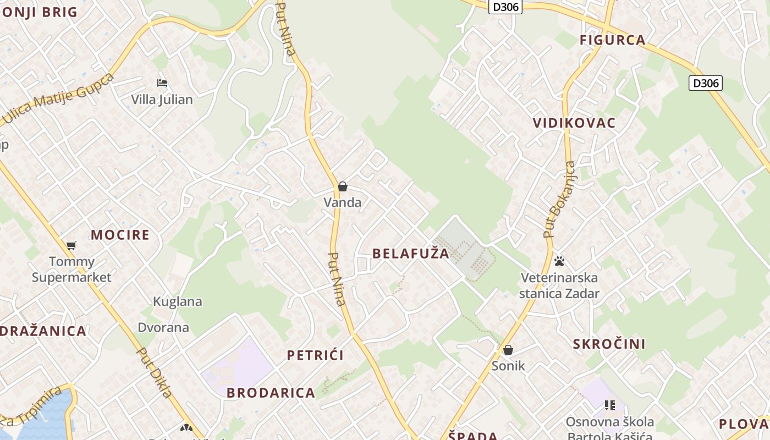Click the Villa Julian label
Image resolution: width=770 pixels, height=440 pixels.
pyautogui.click(x=162, y=100)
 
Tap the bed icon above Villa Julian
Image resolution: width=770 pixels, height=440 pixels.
pyautogui.click(x=162, y=83)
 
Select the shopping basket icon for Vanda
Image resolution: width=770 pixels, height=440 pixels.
pyautogui.click(x=343, y=186)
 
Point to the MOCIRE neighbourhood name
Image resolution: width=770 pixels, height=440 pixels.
pyautogui.click(x=120, y=235)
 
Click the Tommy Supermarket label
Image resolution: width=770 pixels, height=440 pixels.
pyautogui.click(x=71, y=269)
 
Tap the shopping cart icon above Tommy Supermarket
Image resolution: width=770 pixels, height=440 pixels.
pyautogui.click(x=71, y=245)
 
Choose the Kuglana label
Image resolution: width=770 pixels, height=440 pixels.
pyautogui.click(x=177, y=301)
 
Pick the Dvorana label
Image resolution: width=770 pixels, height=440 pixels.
pyautogui.click(x=163, y=328)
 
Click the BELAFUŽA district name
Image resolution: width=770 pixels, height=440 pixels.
pyautogui.click(x=411, y=254)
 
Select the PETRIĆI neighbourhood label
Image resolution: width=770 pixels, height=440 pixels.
pyautogui.click(x=315, y=355)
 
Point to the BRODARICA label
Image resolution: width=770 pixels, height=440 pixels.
pyautogui.click(x=271, y=393)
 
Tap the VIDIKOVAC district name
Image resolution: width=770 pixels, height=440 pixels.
pyautogui.click(x=574, y=123)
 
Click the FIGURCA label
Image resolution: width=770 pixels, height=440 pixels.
pyautogui.click(x=612, y=40)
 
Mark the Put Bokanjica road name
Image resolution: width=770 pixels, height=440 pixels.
pyautogui.click(x=559, y=200)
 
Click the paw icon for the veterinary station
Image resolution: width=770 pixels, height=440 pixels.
pyautogui.click(x=559, y=261)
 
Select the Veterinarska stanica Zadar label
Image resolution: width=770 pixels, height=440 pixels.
pyautogui.click(x=559, y=285)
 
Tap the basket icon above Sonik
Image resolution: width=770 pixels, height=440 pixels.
pyautogui.click(x=508, y=350)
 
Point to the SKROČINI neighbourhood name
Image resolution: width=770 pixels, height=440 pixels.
pyautogui.click(x=609, y=344)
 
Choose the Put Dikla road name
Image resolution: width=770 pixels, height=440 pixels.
pyautogui.click(x=154, y=372)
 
